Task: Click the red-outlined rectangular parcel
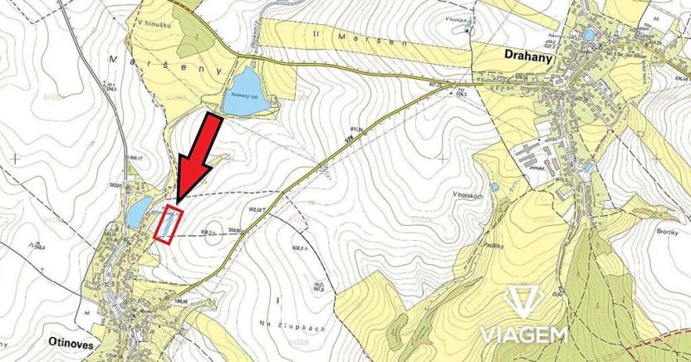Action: point(166,223)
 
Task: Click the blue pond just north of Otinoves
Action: point(138,210)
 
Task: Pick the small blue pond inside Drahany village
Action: point(589,36)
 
